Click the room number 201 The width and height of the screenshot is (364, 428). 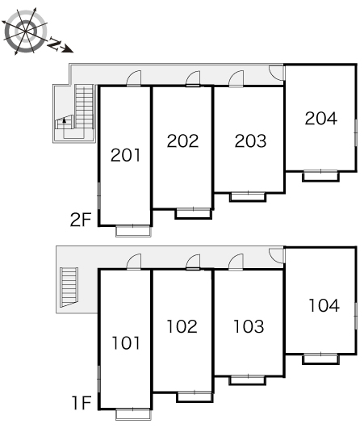[126, 155]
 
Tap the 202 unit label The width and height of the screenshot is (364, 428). [182, 141]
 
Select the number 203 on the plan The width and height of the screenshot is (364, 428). [250, 141]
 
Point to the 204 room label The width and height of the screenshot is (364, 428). [321, 119]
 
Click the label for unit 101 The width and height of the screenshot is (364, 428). [126, 343]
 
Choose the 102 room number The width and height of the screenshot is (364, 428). [182, 326]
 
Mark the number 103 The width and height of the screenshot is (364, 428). [249, 326]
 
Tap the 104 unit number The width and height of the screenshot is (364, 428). [324, 305]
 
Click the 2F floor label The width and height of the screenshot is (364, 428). [80, 220]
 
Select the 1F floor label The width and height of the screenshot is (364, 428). [82, 403]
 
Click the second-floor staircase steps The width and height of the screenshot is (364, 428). [84, 107]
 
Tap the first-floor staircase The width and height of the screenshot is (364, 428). [69, 287]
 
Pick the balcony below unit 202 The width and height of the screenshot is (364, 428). [194, 214]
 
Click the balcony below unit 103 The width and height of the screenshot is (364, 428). [248, 380]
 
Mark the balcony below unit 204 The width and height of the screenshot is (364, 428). [321, 176]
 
